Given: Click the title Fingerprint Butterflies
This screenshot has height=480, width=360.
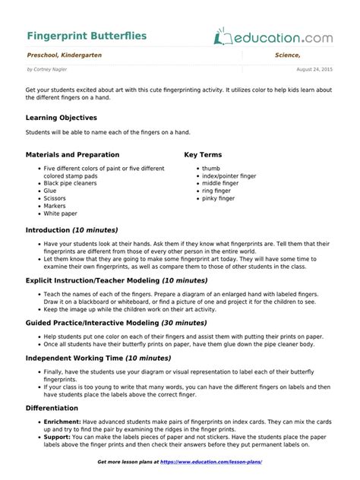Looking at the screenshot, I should (87, 36).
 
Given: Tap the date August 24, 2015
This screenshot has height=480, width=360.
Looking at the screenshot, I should (314, 69).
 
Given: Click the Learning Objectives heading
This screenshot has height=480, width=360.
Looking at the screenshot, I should (62, 118).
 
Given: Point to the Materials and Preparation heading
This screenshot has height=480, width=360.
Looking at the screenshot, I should (73, 155).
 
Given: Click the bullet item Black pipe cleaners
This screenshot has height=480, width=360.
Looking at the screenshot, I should (70, 183).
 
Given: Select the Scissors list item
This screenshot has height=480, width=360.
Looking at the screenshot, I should (55, 198).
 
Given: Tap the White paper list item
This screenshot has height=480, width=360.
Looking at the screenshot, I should (61, 213).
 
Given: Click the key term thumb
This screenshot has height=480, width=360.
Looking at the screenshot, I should (210, 168).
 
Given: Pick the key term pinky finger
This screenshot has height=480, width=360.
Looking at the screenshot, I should (219, 198).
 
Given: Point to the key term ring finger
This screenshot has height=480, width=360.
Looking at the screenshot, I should (217, 191).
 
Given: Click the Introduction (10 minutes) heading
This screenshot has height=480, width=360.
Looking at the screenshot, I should (72, 230).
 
